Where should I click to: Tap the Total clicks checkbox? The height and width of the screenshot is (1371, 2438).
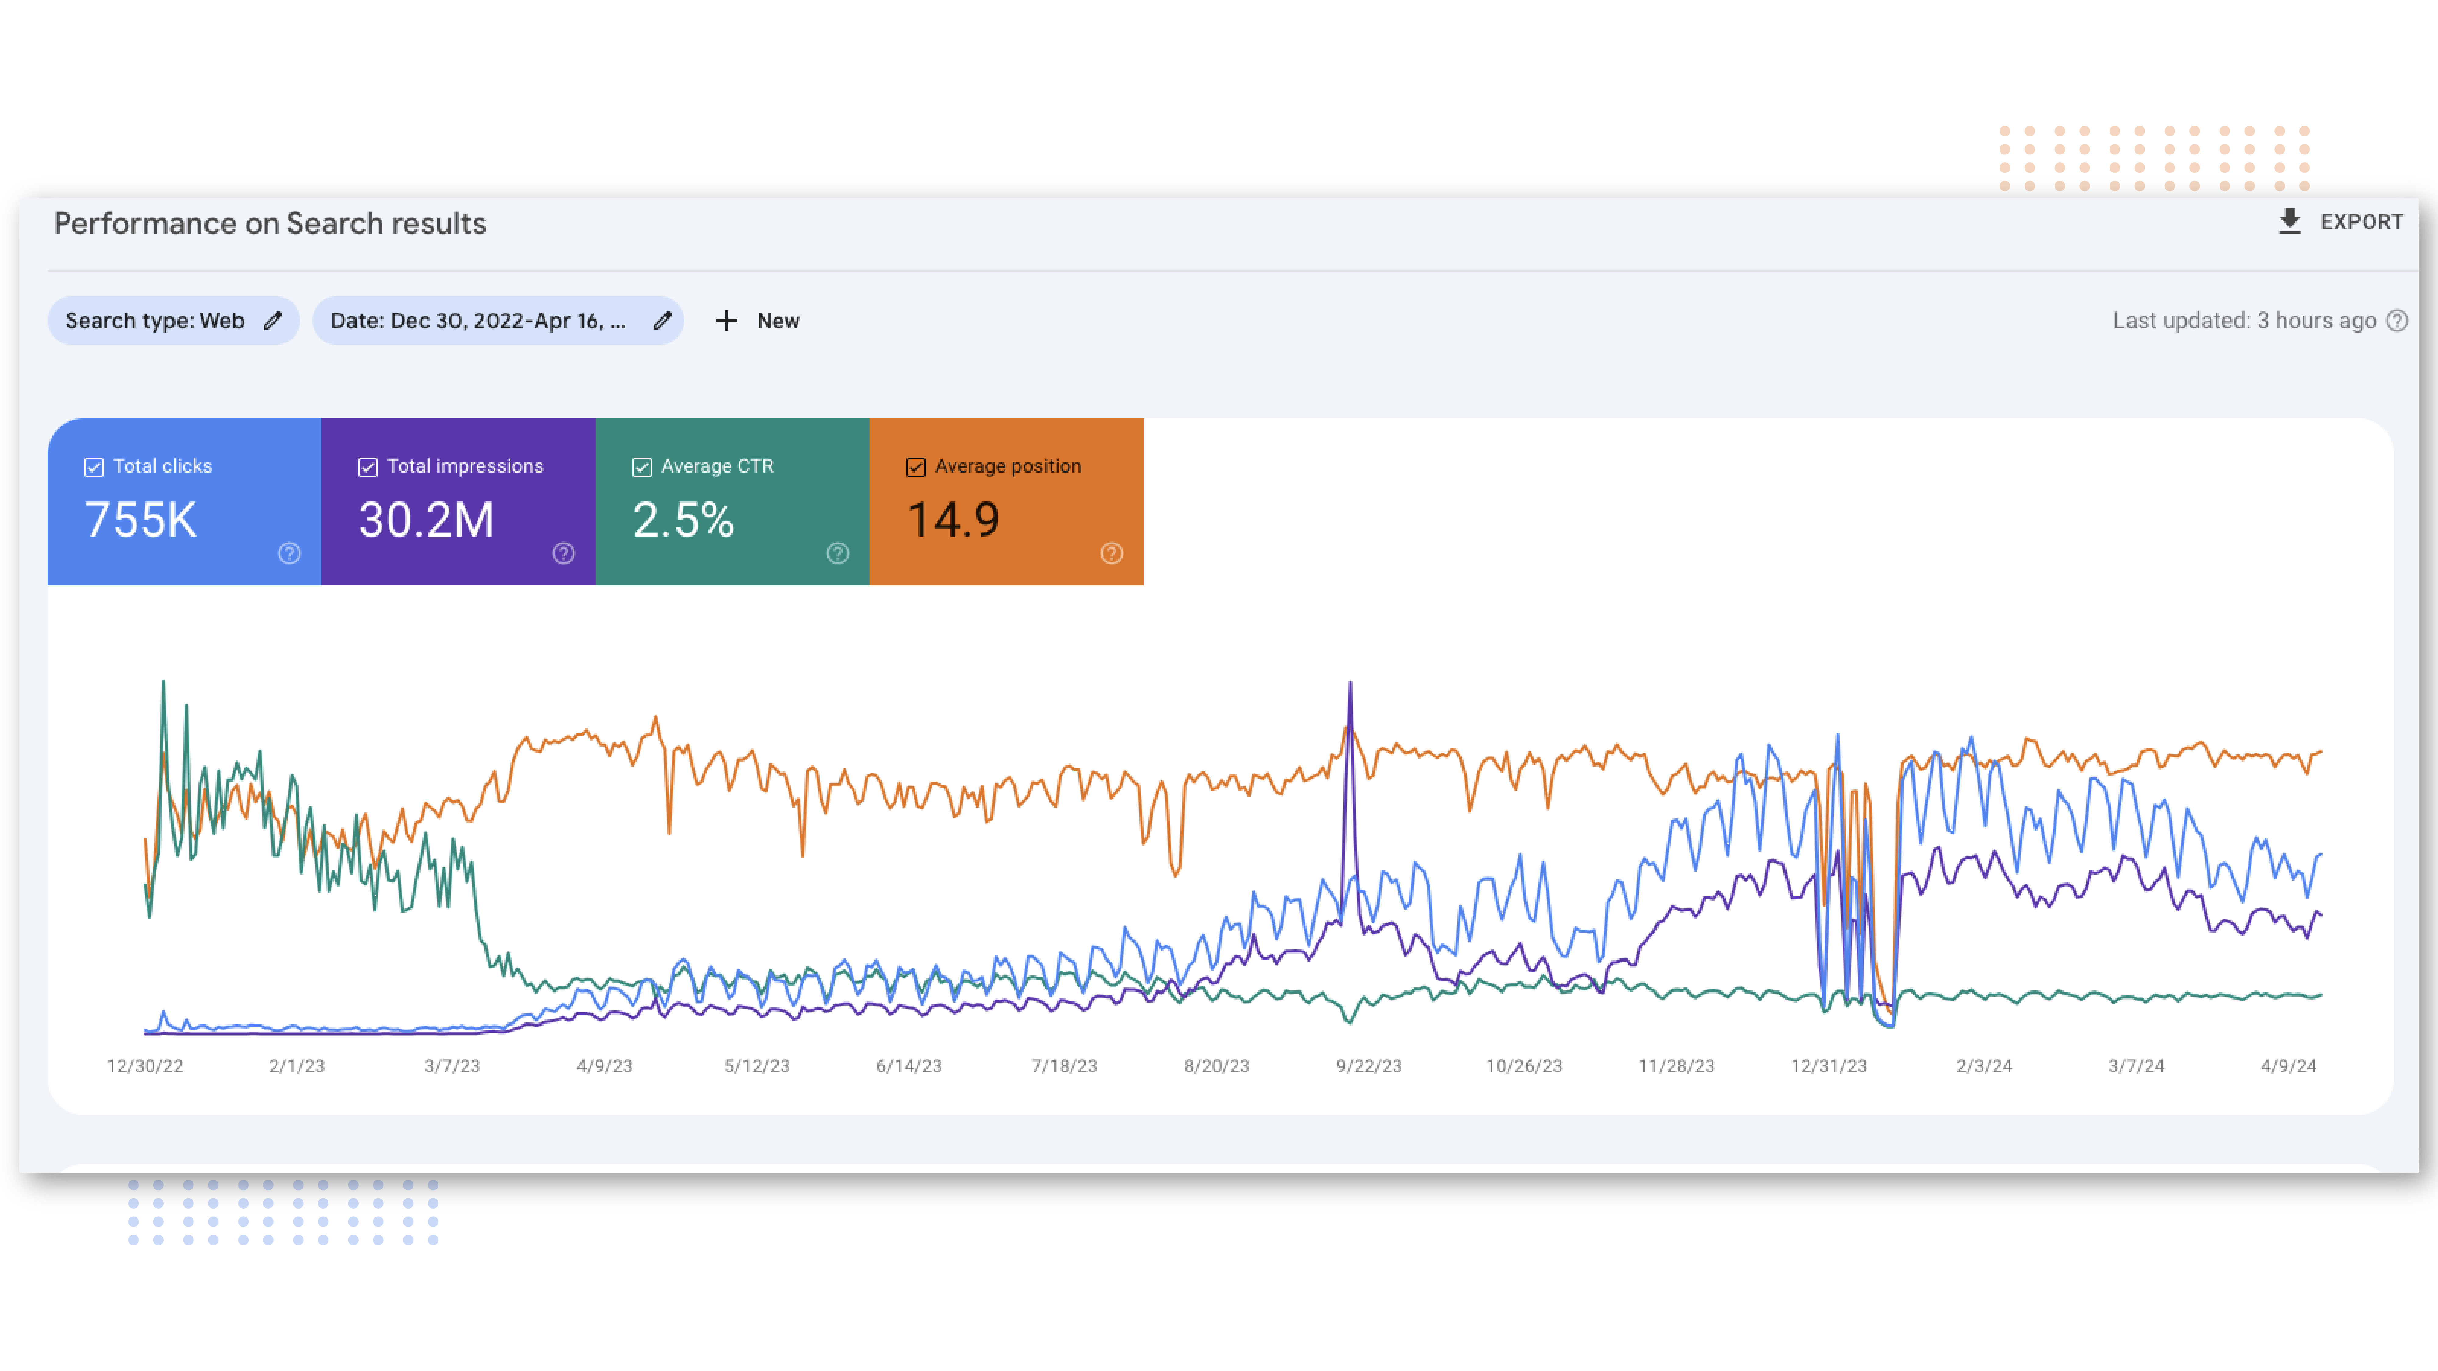click(94, 466)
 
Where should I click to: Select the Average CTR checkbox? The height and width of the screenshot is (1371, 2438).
click(642, 466)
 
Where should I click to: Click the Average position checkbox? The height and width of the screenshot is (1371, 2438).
click(915, 466)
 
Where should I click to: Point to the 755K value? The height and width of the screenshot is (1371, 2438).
click(141, 519)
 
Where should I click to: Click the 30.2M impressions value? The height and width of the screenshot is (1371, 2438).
click(426, 519)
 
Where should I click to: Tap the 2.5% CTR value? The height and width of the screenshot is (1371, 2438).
click(682, 519)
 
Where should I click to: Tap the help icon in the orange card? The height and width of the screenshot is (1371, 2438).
click(1111, 554)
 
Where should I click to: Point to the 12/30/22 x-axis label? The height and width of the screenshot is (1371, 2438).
click(145, 1066)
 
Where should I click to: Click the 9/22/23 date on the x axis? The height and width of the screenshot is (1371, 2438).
click(1368, 1066)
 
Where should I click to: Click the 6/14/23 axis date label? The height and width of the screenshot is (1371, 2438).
click(909, 1066)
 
